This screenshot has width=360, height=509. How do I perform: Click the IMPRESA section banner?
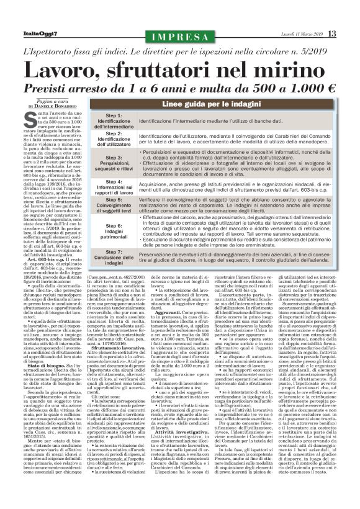pos(181,34)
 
